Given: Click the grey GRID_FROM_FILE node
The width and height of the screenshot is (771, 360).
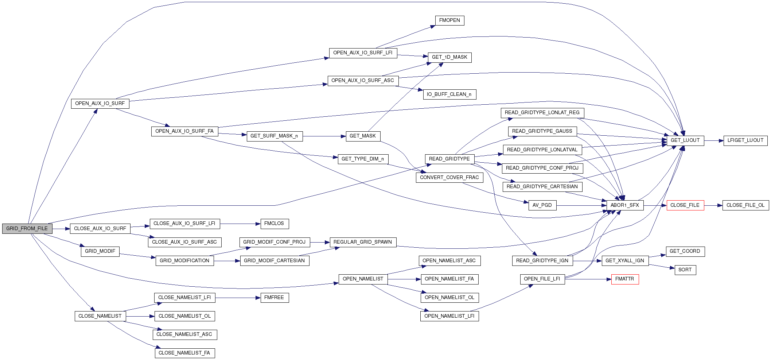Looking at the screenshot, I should [27, 229].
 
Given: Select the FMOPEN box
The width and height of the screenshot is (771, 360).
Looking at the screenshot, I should [449, 20].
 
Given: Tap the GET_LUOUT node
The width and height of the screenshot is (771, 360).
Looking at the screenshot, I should [685, 140].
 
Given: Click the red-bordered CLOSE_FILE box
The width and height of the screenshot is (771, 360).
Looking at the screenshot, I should [685, 205].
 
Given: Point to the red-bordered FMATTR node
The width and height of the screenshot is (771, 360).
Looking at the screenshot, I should [625, 279].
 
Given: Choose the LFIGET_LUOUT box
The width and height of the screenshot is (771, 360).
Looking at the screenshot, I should [745, 140].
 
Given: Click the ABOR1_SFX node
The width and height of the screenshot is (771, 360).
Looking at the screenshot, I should [625, 205].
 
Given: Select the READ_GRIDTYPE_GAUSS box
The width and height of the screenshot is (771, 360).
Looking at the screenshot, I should [542, 131].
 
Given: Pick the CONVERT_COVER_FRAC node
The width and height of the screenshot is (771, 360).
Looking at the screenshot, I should [449, 178].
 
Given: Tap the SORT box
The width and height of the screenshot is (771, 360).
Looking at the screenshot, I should [685, 270].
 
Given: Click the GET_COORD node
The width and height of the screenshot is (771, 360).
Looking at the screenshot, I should [685, 251].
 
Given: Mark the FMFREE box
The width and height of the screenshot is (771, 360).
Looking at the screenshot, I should [274, 298].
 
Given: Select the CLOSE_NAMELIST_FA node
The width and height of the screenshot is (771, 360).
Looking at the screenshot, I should [184, 353].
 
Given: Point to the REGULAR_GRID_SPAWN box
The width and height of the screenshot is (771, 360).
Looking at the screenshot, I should [363, 242].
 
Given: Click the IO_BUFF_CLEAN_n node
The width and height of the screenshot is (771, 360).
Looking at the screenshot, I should [449, 94].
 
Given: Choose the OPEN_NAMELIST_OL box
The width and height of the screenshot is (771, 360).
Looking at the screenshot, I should [449, 298].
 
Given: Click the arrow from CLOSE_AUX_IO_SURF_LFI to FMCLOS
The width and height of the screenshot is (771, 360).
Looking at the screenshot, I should [240, 224].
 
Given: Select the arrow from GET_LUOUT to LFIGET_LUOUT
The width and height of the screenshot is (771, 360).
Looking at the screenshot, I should [714, 140].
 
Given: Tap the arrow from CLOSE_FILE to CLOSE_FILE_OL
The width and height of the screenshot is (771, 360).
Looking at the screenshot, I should [713, 205].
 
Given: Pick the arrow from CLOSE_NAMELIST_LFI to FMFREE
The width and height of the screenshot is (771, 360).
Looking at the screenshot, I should [238, 298].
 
